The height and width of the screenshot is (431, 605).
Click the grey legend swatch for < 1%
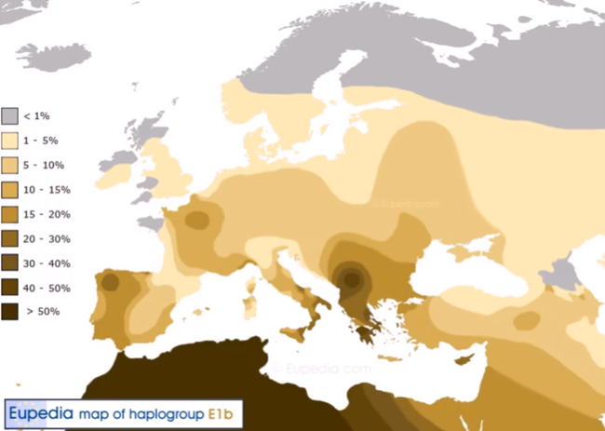9,115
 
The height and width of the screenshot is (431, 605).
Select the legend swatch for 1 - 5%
9,141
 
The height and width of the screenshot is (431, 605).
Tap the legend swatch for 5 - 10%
9,165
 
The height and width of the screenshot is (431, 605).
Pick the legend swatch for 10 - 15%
9,189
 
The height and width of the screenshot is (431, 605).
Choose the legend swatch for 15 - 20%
9,213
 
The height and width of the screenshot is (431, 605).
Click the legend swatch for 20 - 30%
9,238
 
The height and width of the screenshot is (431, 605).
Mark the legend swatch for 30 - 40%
9,263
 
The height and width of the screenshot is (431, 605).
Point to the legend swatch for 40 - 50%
9,287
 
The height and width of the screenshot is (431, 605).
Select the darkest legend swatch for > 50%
9,312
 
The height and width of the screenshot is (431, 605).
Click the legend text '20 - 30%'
47,238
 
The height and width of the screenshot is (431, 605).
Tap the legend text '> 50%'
42,312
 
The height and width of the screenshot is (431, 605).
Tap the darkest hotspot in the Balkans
350,277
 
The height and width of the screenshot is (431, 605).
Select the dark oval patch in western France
196,221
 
